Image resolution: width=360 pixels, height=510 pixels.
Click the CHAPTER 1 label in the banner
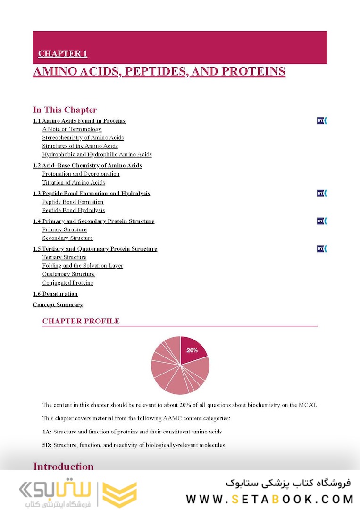tap(62, 54)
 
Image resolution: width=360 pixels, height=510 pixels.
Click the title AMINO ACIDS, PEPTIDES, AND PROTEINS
tap(159, 71)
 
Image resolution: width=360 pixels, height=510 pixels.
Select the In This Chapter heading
tap(65, 110)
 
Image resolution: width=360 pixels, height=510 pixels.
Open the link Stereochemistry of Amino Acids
tap(83, 138)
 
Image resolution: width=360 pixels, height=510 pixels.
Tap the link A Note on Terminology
tap(72, 129)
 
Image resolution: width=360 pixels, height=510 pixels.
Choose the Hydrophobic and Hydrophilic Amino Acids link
tap(97, 154)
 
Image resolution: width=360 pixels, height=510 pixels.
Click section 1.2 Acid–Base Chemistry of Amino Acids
tap(87, 166)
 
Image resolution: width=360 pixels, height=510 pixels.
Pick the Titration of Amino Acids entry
tap(74, 183)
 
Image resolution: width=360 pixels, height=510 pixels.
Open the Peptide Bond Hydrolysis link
tap(74, 211)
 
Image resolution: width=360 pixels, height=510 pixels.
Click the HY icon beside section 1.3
tap(322, 193)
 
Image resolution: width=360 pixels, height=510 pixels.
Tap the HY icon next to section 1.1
tap(322, 121)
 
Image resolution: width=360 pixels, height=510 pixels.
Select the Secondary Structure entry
tap(67, 238)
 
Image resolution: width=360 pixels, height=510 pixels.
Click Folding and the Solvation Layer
tap(83, 266)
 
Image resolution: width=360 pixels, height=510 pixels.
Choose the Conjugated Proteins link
tap(67, 283)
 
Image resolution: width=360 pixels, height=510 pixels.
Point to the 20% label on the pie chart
tap(192, 350)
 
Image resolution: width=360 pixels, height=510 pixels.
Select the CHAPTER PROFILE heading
tap(81, 321)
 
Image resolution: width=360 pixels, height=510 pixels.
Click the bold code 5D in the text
tap(46, 445)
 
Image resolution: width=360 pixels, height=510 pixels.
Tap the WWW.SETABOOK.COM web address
tap(269, 499)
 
